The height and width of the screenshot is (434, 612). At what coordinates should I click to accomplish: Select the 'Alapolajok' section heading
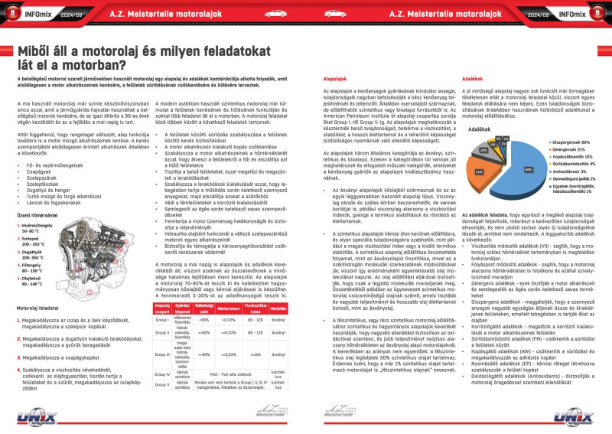pyautogui.click(x=337, y=80)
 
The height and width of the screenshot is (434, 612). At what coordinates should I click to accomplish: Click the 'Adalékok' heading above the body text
pyautogui.click(x=474, y=80)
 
